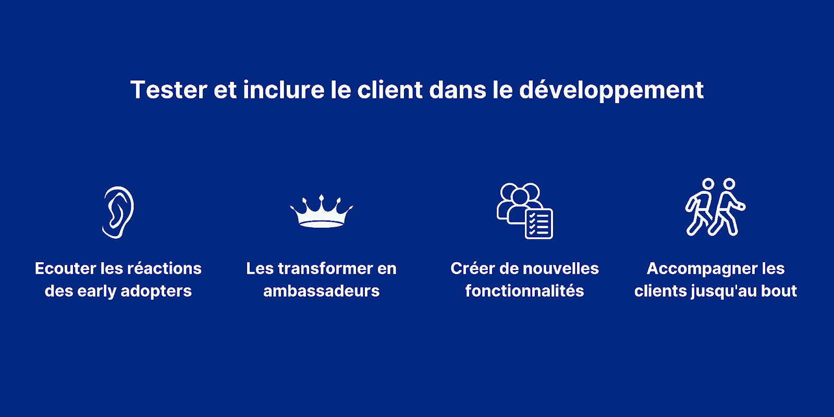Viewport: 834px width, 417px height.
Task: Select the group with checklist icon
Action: pyautogui.click(x=524, y=211)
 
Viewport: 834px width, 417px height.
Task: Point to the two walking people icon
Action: pyautogui.click(x=715, y=207)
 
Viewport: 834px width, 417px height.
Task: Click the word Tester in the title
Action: pyautogui.click(x=169, y=90)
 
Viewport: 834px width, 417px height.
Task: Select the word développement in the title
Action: pyautogui.click(x=611, y=90)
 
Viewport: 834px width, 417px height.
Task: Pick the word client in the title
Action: pyautogui.click(x=390, y=90)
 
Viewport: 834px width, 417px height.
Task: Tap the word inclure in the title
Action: pyautogui.click(x=284, y=90)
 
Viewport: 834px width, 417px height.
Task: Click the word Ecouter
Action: pyautogui.click(x=65, y=268)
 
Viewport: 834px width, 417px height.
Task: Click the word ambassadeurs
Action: pyautogui.click(x=321, y=291)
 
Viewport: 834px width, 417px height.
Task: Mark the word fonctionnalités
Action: pyautogui.click(x=524, y=291)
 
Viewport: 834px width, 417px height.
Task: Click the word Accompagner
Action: pyautogui.click(x=696, y=269)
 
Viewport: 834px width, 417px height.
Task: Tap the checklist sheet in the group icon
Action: pyautogui.click(x=539, y=224)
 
